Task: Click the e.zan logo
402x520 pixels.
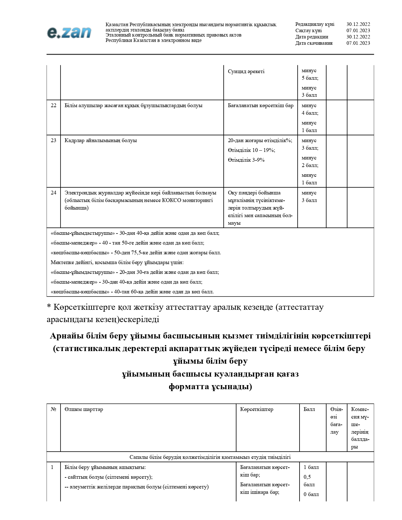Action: (69, 32)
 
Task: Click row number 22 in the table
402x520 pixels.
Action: (54, 106)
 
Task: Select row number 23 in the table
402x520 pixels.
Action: (54, 141)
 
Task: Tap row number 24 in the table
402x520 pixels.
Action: (54, 193)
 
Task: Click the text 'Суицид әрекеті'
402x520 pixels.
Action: (246, 72)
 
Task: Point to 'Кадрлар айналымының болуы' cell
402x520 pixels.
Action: (101, 141)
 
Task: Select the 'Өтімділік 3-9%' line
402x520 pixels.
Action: (246, 160)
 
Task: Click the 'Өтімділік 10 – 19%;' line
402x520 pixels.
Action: (251, 150)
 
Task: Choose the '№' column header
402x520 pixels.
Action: (54, 409)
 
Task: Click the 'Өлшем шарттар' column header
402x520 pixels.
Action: (84, 409)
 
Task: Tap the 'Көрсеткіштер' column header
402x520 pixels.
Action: (257, 409)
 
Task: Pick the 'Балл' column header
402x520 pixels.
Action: (309, 409)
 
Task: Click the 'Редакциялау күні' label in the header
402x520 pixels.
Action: (315, 24)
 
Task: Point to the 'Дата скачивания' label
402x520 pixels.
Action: (314, 43)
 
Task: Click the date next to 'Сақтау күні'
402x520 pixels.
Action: (358, 31)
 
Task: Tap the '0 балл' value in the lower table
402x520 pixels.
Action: (311, 494)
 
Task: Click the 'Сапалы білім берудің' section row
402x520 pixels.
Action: (210, 457)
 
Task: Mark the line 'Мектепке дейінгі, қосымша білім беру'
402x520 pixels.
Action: (117, 263)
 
